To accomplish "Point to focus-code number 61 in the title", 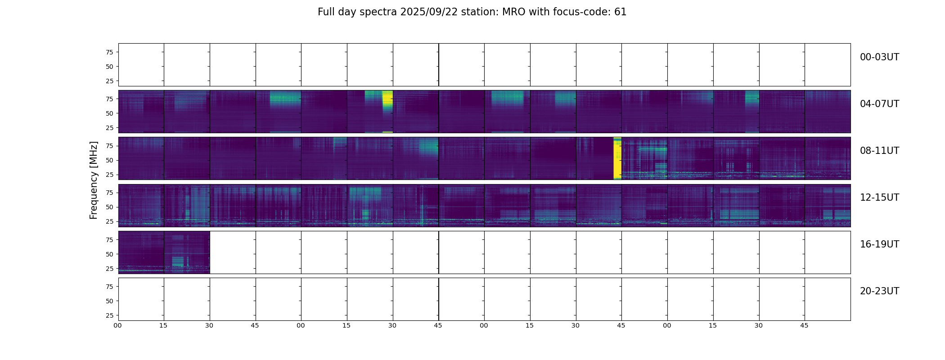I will pyautogui.click(x=620, y=12).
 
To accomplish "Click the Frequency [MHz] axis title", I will pyautogui.click(x=94, y=180).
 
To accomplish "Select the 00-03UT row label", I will pyautogui.click(x=879, y=57).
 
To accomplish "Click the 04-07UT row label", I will pyautogui.click(x=879, y=104).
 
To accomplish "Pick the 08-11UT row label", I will pyautogui.click(x=879, y=151).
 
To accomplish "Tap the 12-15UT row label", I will pyautogui.click(x=879, y=198).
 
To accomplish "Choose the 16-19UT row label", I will pyautogui.click(x=879, y=244).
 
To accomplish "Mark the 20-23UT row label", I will pyautogui.click(x=879, y=291).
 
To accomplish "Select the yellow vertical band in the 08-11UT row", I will pyautogui.click(x=617, y=158).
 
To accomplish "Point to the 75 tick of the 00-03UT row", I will pyautogui.click(x=109, y=52).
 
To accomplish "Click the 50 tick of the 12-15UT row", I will pyautogui.click(x=109, y=207).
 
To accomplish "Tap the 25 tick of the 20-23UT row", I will pyautogui.click(x=109, y=315).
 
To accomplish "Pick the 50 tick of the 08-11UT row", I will pyautogui.click(x=109, y=160).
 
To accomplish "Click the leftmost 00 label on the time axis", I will pyautogui.click(x=118, y=325).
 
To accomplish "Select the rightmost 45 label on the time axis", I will pyautogui.click(x=804, y=325).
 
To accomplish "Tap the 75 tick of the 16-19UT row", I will pyautogui.click(x=109, y=240).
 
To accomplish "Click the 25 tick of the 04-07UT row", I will pyautogui.click(x=109, y=128).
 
